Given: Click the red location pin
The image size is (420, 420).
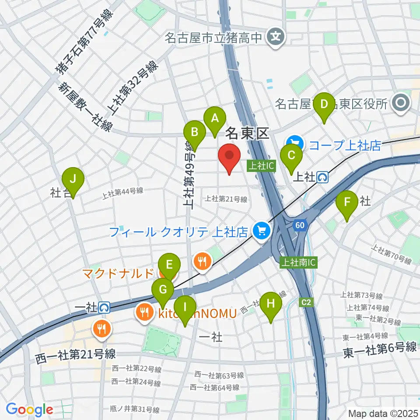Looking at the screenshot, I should coord(230,158).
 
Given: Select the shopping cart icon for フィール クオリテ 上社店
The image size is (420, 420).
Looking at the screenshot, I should coord(262,231).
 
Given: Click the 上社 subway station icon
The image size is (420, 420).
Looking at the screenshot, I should coord(323,177).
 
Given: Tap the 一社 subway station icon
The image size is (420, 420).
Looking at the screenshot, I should coord(104,308).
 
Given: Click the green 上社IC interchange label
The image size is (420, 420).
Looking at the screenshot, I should coord(261,166).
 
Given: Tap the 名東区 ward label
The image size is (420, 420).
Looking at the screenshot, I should coord(247,133).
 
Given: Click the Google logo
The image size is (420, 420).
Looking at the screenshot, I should coord(29,409).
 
